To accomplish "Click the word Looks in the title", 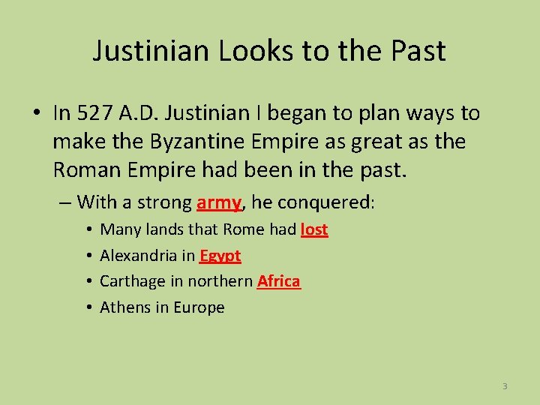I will (x=244, y=51).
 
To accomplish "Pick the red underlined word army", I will (x=219, y=202).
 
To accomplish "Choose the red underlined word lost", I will (x=314, y=229).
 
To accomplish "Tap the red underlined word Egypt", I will (x=220, y=256).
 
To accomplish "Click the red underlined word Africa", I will (x=278, y=281).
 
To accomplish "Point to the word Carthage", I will (x=134, y=281).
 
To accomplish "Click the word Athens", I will (x=124, y=307).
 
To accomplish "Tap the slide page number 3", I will (x=505, y=386).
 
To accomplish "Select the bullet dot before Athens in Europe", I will (x=88, y=307).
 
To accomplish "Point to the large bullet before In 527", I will (x=37, y=114).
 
